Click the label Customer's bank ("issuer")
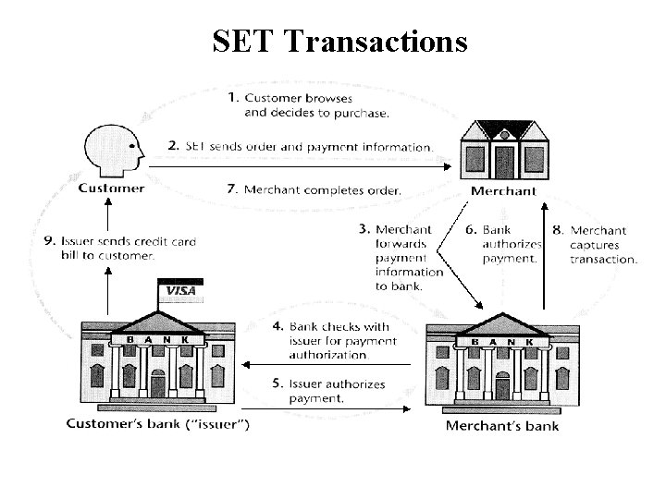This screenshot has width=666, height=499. (157, 425)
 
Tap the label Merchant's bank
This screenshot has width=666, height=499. (502, 426)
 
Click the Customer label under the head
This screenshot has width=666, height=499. (111, 189)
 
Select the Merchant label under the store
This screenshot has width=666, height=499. (503, 191)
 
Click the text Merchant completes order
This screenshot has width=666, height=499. (320, 189)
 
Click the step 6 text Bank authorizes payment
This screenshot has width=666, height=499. (508, 245)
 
